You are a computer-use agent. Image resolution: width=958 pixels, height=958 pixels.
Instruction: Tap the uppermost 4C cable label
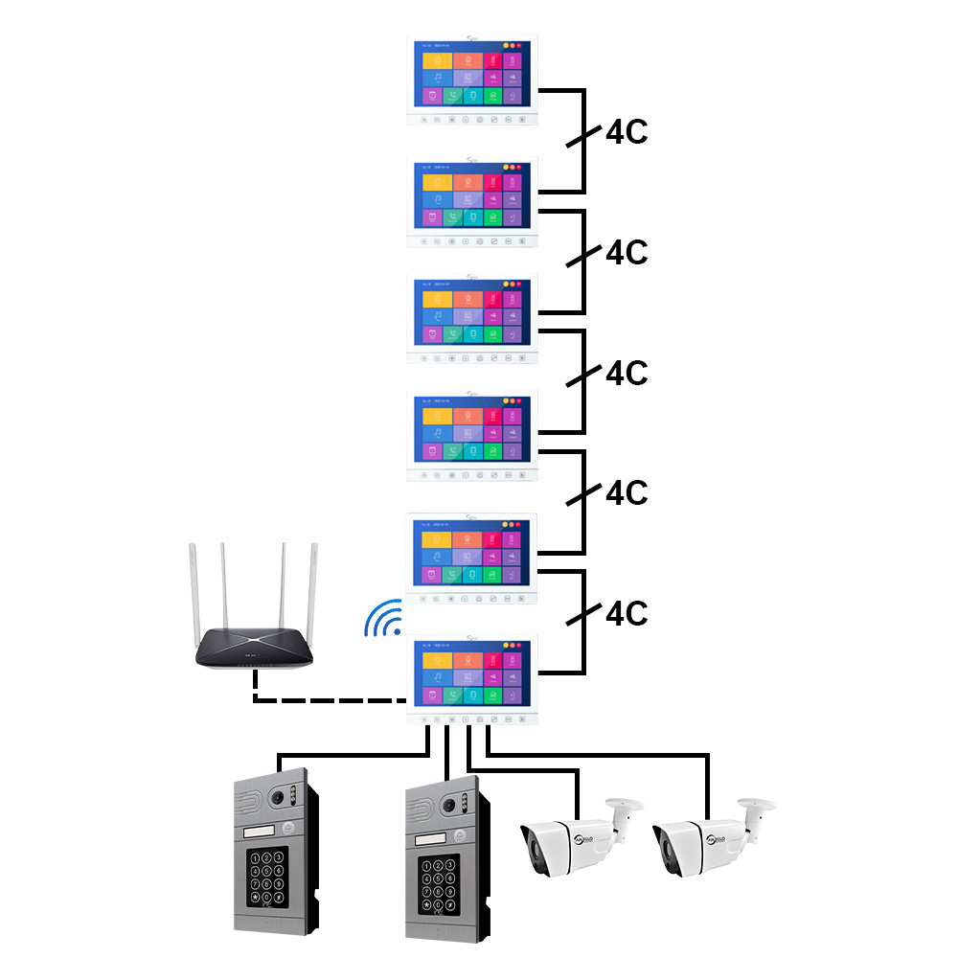[x=627, y=132]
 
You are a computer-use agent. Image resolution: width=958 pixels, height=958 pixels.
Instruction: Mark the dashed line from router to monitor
[x=326, y=699]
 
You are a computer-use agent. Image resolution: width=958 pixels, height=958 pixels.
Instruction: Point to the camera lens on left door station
[x=279, y=795]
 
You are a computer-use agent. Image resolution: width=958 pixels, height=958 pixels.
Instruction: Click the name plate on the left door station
[x=261, y=830]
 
